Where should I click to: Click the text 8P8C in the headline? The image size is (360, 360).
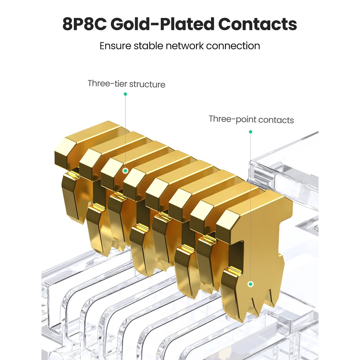(x=84, y=24)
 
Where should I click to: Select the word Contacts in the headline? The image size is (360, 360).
(x=257, y=24)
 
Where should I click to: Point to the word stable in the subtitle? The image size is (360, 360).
(x=148, y=46)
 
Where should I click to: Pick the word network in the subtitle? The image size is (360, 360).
(x=185, y=46)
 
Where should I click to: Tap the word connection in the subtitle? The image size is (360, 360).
(x=233, y=46)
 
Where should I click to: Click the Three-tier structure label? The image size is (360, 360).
(x=127, y=84)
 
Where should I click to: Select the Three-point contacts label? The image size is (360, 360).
(x=251, y=120)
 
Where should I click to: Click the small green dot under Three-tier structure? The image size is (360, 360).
(x=126, y=94)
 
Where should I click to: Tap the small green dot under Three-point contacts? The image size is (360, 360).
(x=250, y=132)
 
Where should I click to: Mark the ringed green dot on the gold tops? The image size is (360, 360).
(x=126, y=171)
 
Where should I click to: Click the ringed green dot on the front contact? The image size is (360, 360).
(x=250, y=284)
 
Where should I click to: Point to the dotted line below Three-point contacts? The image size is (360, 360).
(x=250, y=207)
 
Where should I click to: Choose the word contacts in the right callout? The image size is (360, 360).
(x=276, y=120)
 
